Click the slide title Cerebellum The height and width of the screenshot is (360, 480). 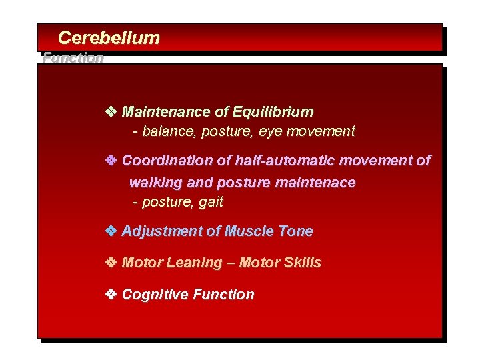[x=109, y=37]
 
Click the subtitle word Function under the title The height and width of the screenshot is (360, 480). [x=73, y=57]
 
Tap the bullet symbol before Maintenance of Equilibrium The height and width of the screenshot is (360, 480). [x=111, y=111]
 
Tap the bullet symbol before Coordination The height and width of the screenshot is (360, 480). [x=111, y=161]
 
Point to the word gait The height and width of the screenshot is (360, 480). [x=211, y=202]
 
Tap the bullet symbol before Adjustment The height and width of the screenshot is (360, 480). [x=111, y=231]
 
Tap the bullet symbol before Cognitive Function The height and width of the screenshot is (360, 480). [x=111, y=295]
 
